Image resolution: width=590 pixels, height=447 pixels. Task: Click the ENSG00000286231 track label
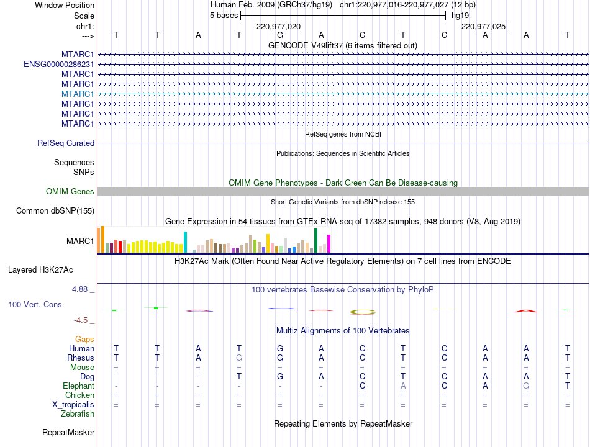(59, 65)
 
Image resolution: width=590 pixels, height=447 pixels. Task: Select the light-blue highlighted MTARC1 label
(78, 94)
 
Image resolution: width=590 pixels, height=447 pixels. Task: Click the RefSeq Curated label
(66, 143)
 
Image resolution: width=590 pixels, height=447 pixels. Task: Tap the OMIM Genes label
(70, 191)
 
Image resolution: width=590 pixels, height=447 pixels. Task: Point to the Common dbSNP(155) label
(55, 210)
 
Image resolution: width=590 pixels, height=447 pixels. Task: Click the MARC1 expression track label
(80, 241)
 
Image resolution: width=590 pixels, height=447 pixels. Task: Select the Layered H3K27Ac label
(40, 270)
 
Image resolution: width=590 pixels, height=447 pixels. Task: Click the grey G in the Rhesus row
(239, 358)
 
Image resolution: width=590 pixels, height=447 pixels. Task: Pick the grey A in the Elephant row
(403, 386)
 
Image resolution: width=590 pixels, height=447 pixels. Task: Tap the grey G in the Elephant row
(526, 386)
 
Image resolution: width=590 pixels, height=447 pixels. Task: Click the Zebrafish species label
(78, 414)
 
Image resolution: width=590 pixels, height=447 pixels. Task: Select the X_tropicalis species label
(73, 405)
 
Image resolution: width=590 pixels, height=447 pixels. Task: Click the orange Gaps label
(84, 340)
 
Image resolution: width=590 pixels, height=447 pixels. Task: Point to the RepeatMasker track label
(68, 433)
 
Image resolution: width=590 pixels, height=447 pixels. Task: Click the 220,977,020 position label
(278, 26)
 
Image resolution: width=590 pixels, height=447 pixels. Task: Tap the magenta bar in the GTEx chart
(329, 243)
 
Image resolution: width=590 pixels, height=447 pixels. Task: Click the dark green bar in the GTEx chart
(315, 240)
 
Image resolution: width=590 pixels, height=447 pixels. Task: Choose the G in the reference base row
(280, 35)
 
